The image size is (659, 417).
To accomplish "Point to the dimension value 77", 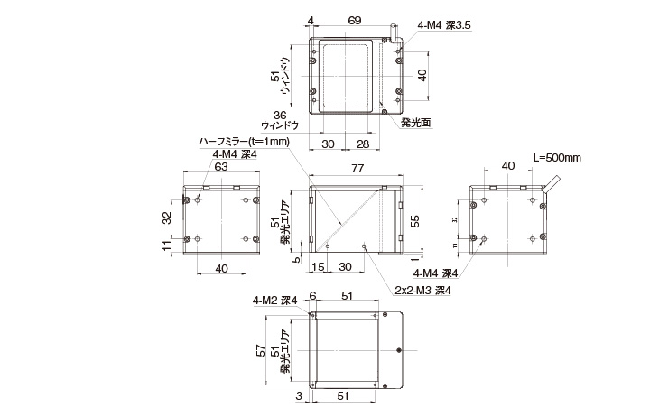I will [x=357, y=169].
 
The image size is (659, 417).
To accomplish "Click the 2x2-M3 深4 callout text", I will [x=422, y=291].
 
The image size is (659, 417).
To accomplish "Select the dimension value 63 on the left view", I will [x=221, y=165].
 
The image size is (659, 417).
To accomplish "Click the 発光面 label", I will [x=415, y=123].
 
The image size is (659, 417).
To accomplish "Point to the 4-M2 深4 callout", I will [x=275, y=301].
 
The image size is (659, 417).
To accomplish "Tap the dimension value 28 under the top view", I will [x=361, y=144].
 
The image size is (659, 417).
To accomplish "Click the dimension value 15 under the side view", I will [x=318, y=267].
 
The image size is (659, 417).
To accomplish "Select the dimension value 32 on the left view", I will [x=166, y=217].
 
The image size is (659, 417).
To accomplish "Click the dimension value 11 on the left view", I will [x=166, y=246].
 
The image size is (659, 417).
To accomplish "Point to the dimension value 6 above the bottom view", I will [x=312, y=296].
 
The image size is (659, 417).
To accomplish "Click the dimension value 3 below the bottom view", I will [x=298, y=395].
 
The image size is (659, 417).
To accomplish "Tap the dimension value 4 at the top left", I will [x=310, y=19].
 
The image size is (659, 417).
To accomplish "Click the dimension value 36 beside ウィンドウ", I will [x=279, y=115].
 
